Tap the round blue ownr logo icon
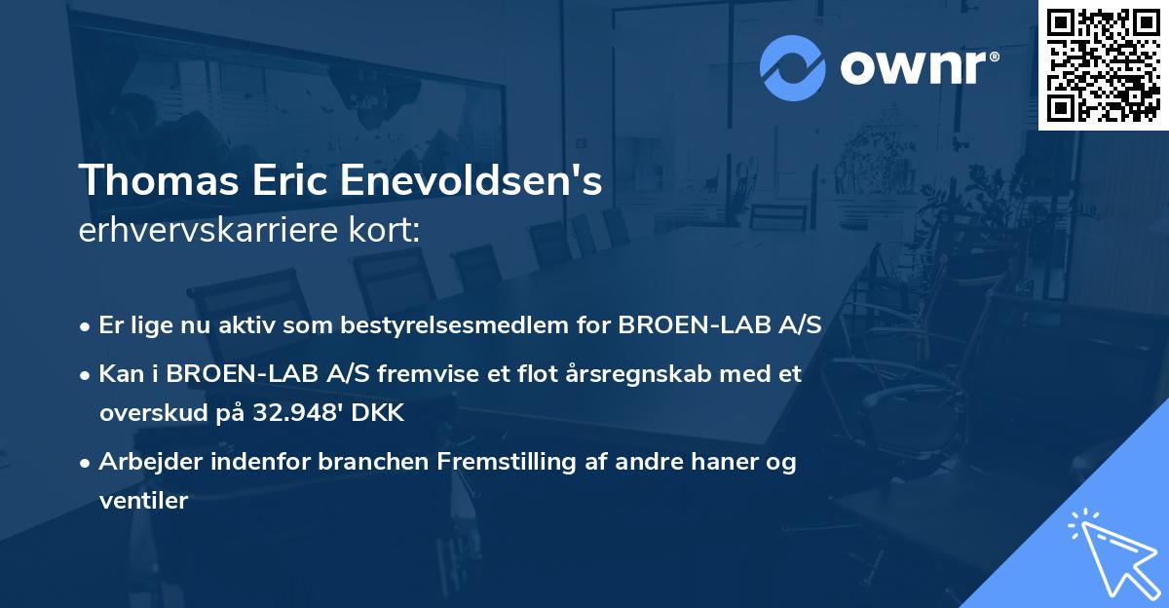(793, 67)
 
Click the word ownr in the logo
(919, 68)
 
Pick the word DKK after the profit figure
(374, 413)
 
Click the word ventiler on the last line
(142, 501)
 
